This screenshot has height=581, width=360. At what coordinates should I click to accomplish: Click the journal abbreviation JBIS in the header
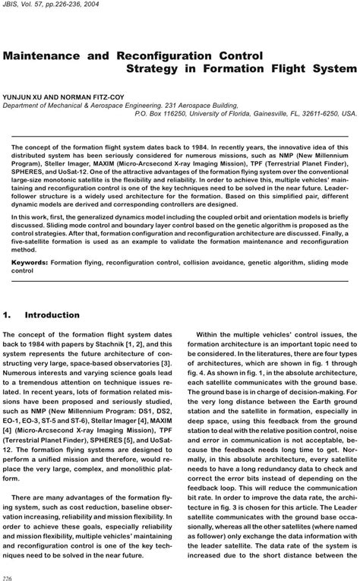click(11, 5)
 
